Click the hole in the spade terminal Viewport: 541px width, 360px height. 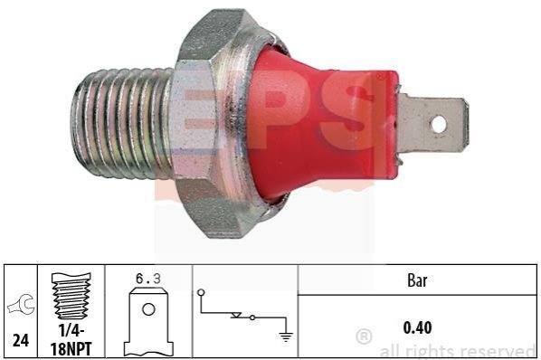coord(438,124)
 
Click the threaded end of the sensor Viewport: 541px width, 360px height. coord(122,124)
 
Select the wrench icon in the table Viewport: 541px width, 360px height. coord(22,305)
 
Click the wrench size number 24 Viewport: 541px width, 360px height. coord(21,341)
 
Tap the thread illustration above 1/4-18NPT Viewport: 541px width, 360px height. coord(71,296)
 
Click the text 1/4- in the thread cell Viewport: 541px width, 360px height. coord(71,331)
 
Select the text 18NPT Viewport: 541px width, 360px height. coord(71,349)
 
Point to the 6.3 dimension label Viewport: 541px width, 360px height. coord(148,279)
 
